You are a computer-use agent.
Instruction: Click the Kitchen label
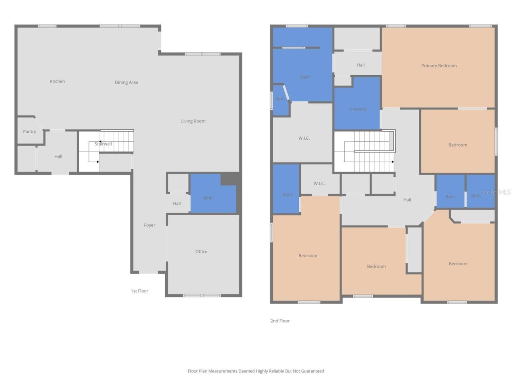(x=57, y=81)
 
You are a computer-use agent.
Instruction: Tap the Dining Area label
(x=126, y=82)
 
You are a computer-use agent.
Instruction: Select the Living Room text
(x=193, y=121)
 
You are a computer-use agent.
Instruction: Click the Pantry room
(x=30, y=132)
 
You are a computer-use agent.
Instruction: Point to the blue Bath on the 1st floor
(x=208, y=198)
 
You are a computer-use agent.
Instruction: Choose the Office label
(x=201, y=252)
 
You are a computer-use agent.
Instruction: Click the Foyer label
(x=150, y=225)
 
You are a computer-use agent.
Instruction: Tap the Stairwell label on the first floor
(x=103, y=144)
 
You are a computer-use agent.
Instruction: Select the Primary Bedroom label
(x=439, y=66)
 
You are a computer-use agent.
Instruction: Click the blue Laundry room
(x=358, y=109)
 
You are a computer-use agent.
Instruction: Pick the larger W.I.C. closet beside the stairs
(x=304, y=138)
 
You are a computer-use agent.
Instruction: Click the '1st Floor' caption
(x=140, y=291)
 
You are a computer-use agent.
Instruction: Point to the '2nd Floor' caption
(x=280, y=321)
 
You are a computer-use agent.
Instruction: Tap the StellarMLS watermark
(x=496, y=192)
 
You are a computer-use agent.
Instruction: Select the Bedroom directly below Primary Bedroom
(x=458, y=145)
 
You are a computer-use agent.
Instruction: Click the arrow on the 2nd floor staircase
(x=393, y=162)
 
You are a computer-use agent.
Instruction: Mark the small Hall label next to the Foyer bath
(x=177, y=203)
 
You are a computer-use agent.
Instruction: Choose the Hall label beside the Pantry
(x=58, y=156)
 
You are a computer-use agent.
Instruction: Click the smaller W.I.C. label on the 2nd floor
(x=319, y=184)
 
